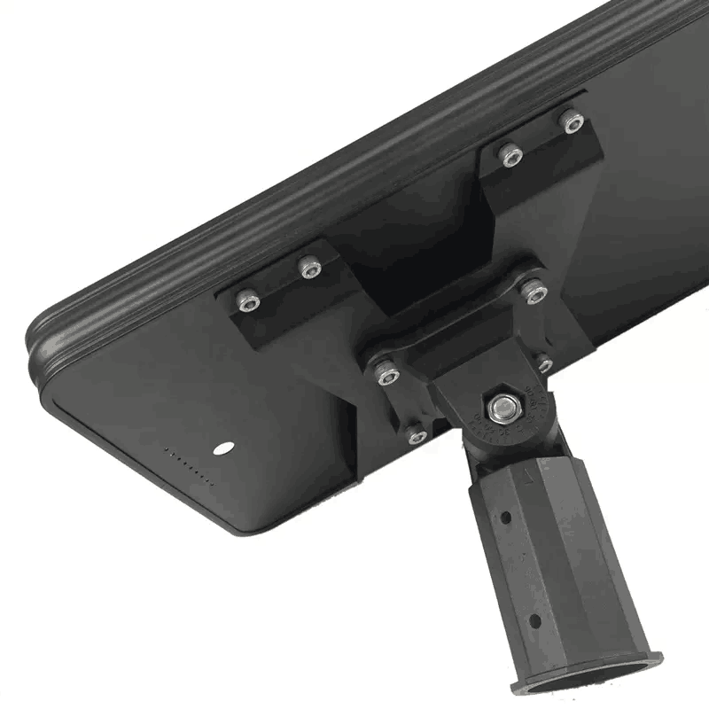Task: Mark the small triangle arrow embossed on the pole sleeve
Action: click(528, 479)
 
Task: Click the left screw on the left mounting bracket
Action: click(248, 303)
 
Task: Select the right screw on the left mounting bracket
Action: click(309, 269)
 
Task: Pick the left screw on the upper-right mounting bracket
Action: click(510, 155)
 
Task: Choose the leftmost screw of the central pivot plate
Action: click(385, 372)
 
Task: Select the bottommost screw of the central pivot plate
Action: click(416, 433)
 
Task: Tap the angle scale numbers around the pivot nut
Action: click(483, 425)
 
